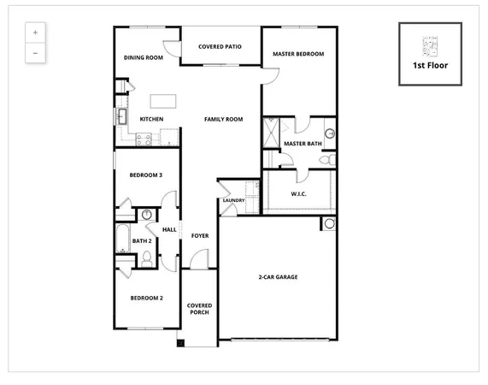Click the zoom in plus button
35,33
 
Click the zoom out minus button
35,52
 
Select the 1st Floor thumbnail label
430,65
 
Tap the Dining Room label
144,58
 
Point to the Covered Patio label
219,48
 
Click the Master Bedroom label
298,55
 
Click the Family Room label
223,119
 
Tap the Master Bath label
302,143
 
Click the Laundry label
233,200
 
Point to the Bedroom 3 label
146,175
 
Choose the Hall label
169,229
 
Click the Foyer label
200,235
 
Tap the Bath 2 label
142,240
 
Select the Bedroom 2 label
146,298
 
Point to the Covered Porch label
200,309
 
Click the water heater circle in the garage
329,224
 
